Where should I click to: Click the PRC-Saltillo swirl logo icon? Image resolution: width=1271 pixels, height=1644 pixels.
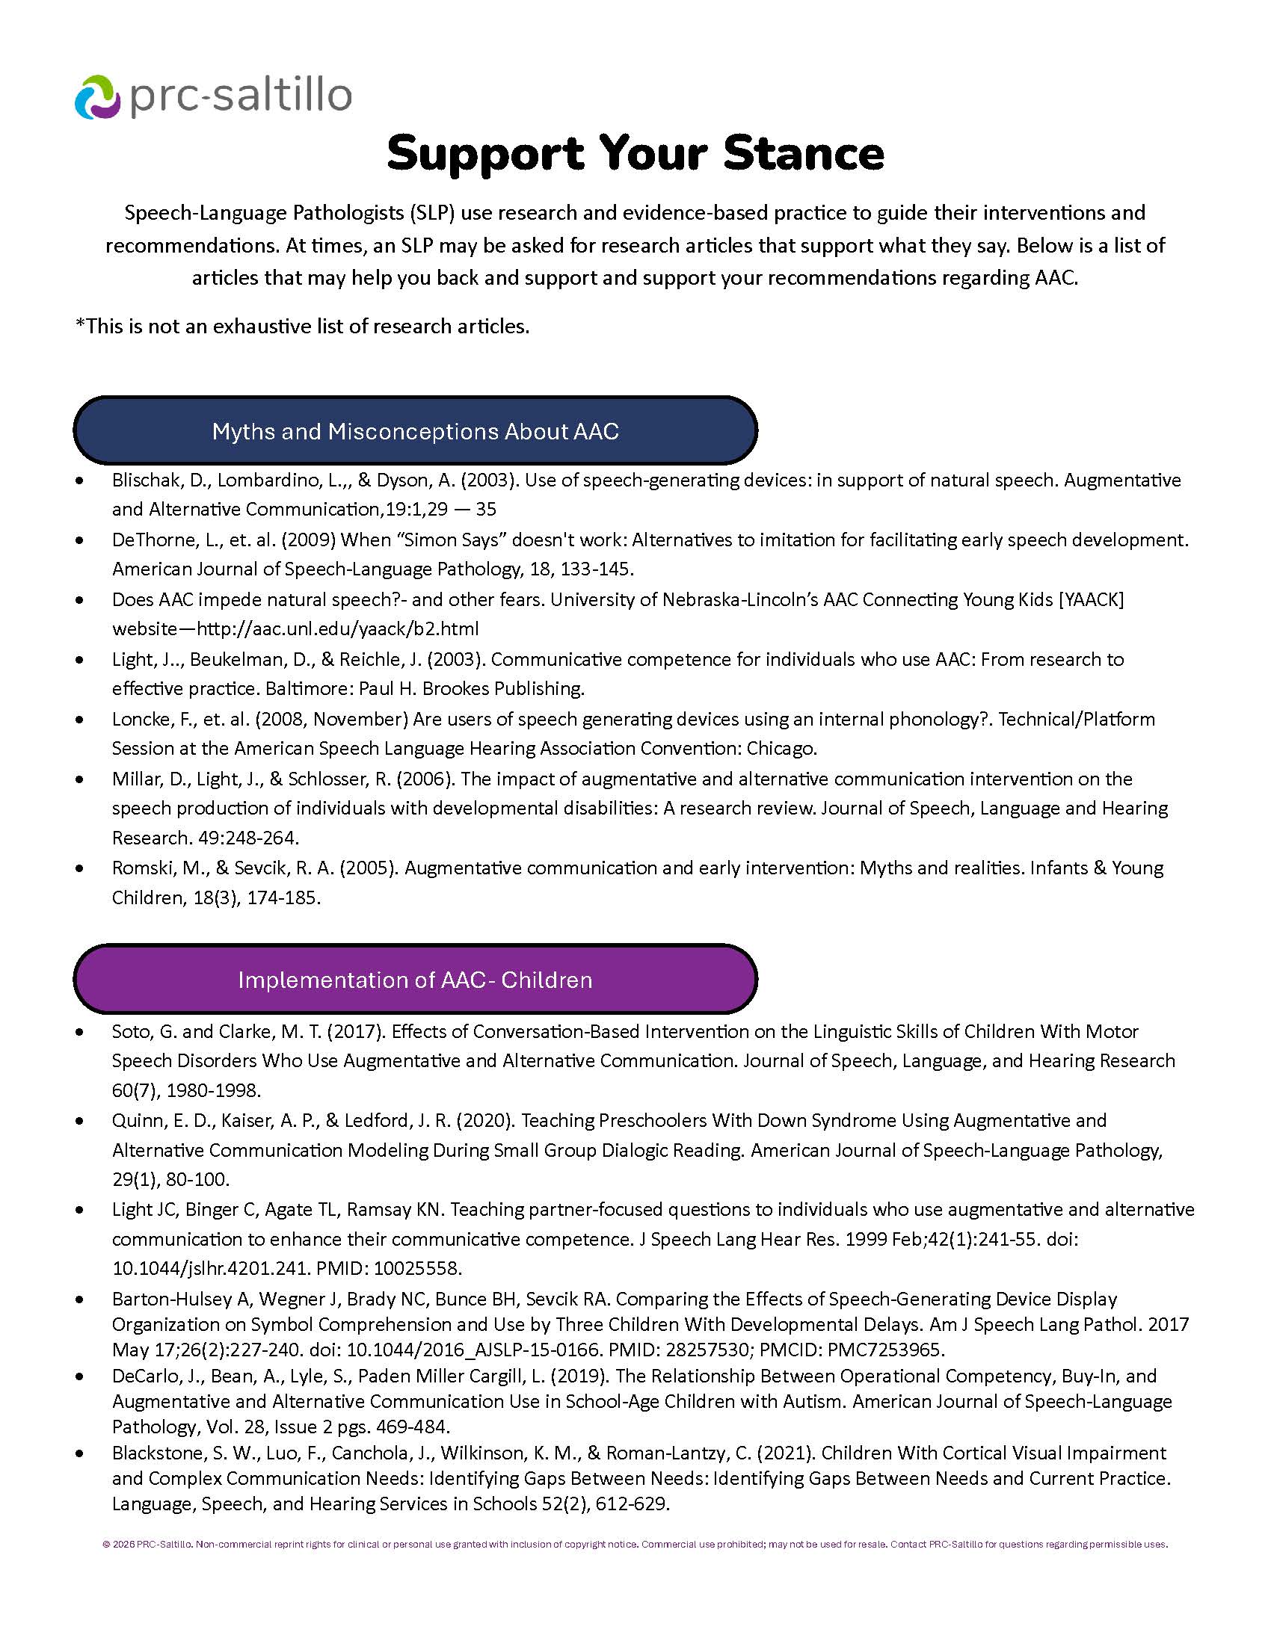click(x=97, y=96)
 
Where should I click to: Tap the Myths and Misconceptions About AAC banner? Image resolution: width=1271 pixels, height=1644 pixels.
click(x=415, y=431)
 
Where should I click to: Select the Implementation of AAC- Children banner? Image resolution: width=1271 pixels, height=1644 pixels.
click(x=415, y=980)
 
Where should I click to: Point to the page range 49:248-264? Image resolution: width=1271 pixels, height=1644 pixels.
click(x=242, y=838)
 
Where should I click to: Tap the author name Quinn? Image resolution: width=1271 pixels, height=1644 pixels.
click(x=137, y=1120)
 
